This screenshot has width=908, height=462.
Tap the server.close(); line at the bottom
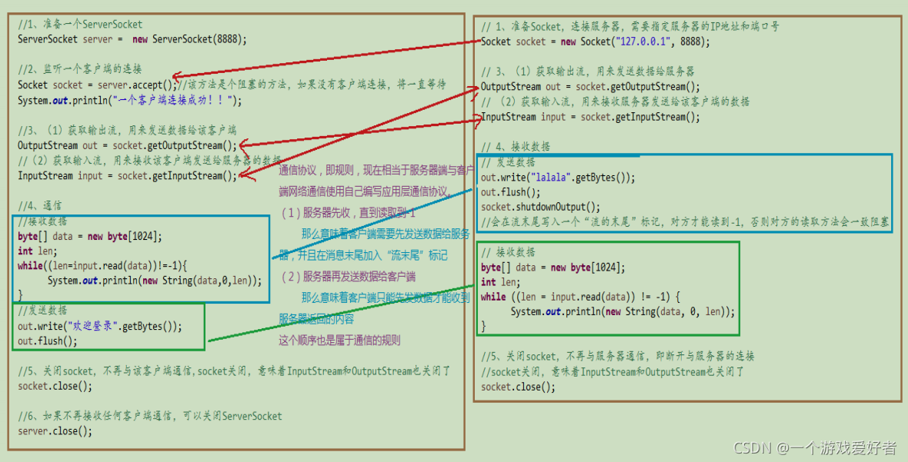pos(55,431)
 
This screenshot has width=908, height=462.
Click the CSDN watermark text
pos(815,448)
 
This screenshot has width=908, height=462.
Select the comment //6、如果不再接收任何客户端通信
pos(150,416)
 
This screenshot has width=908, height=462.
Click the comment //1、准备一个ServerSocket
pos(80,25)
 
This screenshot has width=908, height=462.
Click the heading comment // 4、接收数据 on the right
pos(516,147)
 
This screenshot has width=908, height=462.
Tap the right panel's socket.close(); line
pos(518,387)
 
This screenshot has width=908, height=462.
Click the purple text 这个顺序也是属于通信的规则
pos(339,340)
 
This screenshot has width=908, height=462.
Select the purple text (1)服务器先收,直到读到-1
pos(347,213)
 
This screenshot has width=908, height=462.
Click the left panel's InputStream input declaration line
pos(128,176)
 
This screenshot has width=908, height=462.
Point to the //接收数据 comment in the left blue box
pos(42,221)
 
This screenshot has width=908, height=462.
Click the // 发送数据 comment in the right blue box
pos(509,162)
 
